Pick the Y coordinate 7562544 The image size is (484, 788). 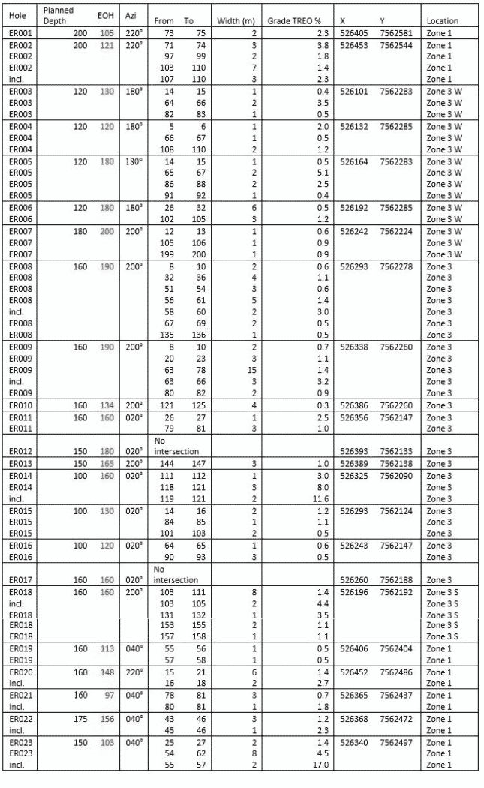pos(396,45)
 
